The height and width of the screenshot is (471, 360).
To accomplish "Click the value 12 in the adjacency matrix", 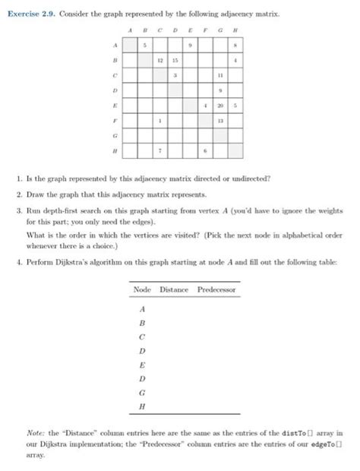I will pos(160,61).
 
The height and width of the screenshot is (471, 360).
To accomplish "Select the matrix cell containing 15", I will pos(175,61).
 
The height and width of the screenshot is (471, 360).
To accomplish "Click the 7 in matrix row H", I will pos(160,150).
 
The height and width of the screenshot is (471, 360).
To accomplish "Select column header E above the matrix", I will pos(190,31).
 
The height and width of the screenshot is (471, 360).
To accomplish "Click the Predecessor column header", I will pos(217,290).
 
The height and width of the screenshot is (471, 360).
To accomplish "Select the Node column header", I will pos(142,290).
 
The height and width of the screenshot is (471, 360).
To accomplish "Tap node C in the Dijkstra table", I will pos(142,337).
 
